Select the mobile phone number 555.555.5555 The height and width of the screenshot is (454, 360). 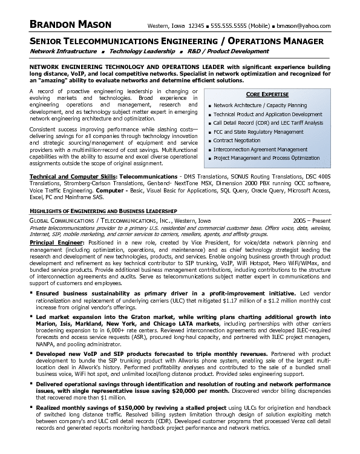[x=227, y=27]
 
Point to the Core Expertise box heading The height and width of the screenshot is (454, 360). [x=266, y=95]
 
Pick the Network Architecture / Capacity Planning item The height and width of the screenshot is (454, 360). [x=260, y=105]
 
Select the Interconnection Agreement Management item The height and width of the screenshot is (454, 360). [x=261, y=149]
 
